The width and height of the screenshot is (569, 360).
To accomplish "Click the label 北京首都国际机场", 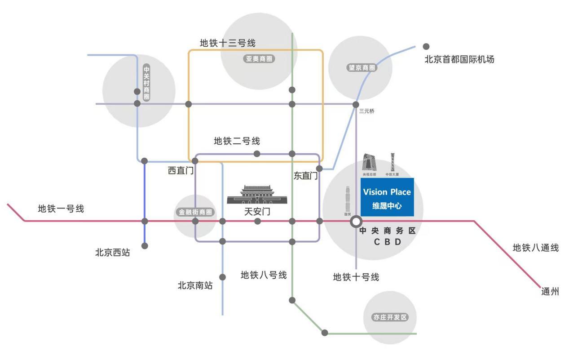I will tap(459, 59).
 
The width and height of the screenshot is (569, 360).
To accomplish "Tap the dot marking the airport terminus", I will tap(426, 46).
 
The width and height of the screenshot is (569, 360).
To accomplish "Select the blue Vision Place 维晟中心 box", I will tap(387, 197).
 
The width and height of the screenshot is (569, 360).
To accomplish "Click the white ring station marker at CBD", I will tap(356, 221).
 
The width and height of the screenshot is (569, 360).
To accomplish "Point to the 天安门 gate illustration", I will tap(257, 195).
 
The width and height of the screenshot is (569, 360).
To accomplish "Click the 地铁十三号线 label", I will tap(228, 43).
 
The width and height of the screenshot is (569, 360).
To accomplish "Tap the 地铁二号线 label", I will tap(237, 141).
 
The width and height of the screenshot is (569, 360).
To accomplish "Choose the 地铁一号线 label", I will tap(61, 209).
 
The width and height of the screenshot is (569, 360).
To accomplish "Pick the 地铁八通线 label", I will tap(536, 248).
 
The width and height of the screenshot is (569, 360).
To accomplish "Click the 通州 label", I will tap(550, 292).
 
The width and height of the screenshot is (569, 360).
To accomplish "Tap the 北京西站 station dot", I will tap(145, 246).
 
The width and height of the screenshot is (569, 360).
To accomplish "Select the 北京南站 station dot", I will tap(222, 277).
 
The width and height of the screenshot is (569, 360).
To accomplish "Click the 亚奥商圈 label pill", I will tap(259, 58).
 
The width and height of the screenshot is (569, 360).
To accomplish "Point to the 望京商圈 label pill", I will tap(362, 67).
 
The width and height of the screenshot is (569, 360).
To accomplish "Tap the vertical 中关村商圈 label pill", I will tap(146, 83).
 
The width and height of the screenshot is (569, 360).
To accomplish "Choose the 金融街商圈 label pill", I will tap(195, 212).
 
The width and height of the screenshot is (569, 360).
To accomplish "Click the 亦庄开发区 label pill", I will tap(390, 317).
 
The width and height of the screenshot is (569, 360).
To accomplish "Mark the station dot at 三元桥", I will tap(356, 104).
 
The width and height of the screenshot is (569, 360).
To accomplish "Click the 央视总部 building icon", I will tap(370, 162).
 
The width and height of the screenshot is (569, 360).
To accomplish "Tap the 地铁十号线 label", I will tap(356, 277).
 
